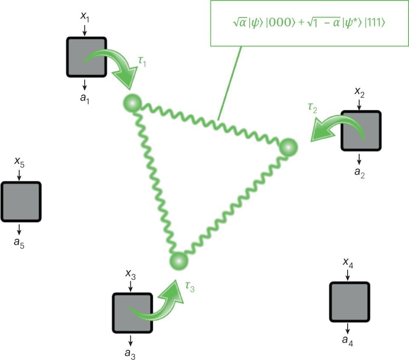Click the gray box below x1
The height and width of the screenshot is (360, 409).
(86, 57)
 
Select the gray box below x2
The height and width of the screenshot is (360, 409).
(360, 131)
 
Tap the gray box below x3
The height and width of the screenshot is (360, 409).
(132, 313)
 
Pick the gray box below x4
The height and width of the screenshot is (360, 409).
(349, 302)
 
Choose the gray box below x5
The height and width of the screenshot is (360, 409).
(20, 202)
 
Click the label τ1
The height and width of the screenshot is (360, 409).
(142, 62)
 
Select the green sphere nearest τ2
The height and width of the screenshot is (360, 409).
(288, 147)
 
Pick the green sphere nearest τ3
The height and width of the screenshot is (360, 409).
(179, 260)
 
